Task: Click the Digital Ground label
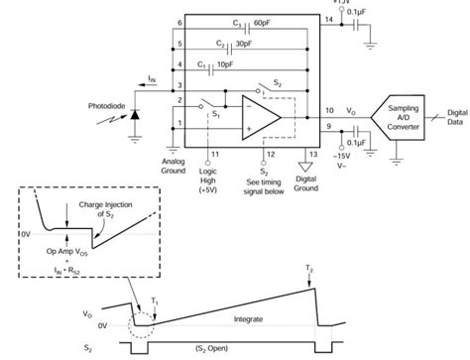(x=313, y=167)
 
